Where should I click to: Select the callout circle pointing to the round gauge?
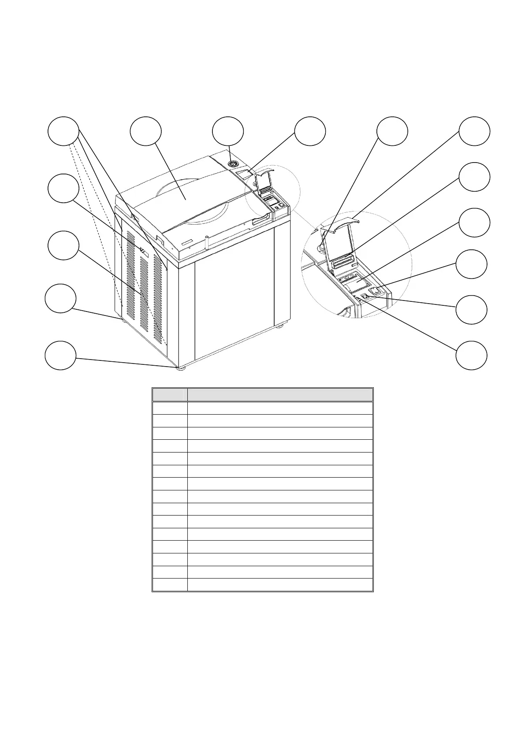(x=227, y=131)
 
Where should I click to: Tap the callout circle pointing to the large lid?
(x=146, y=131)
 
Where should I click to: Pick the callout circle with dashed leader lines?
(x=63, y=131)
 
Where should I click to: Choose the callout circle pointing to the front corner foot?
(x=60, y=355)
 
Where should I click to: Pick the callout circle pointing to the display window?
(x=310, y=131)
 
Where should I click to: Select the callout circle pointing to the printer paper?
(x=474, y=223)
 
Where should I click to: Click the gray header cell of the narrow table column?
(x=170, y=395)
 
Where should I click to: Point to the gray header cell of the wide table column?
(x=280, y=395)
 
